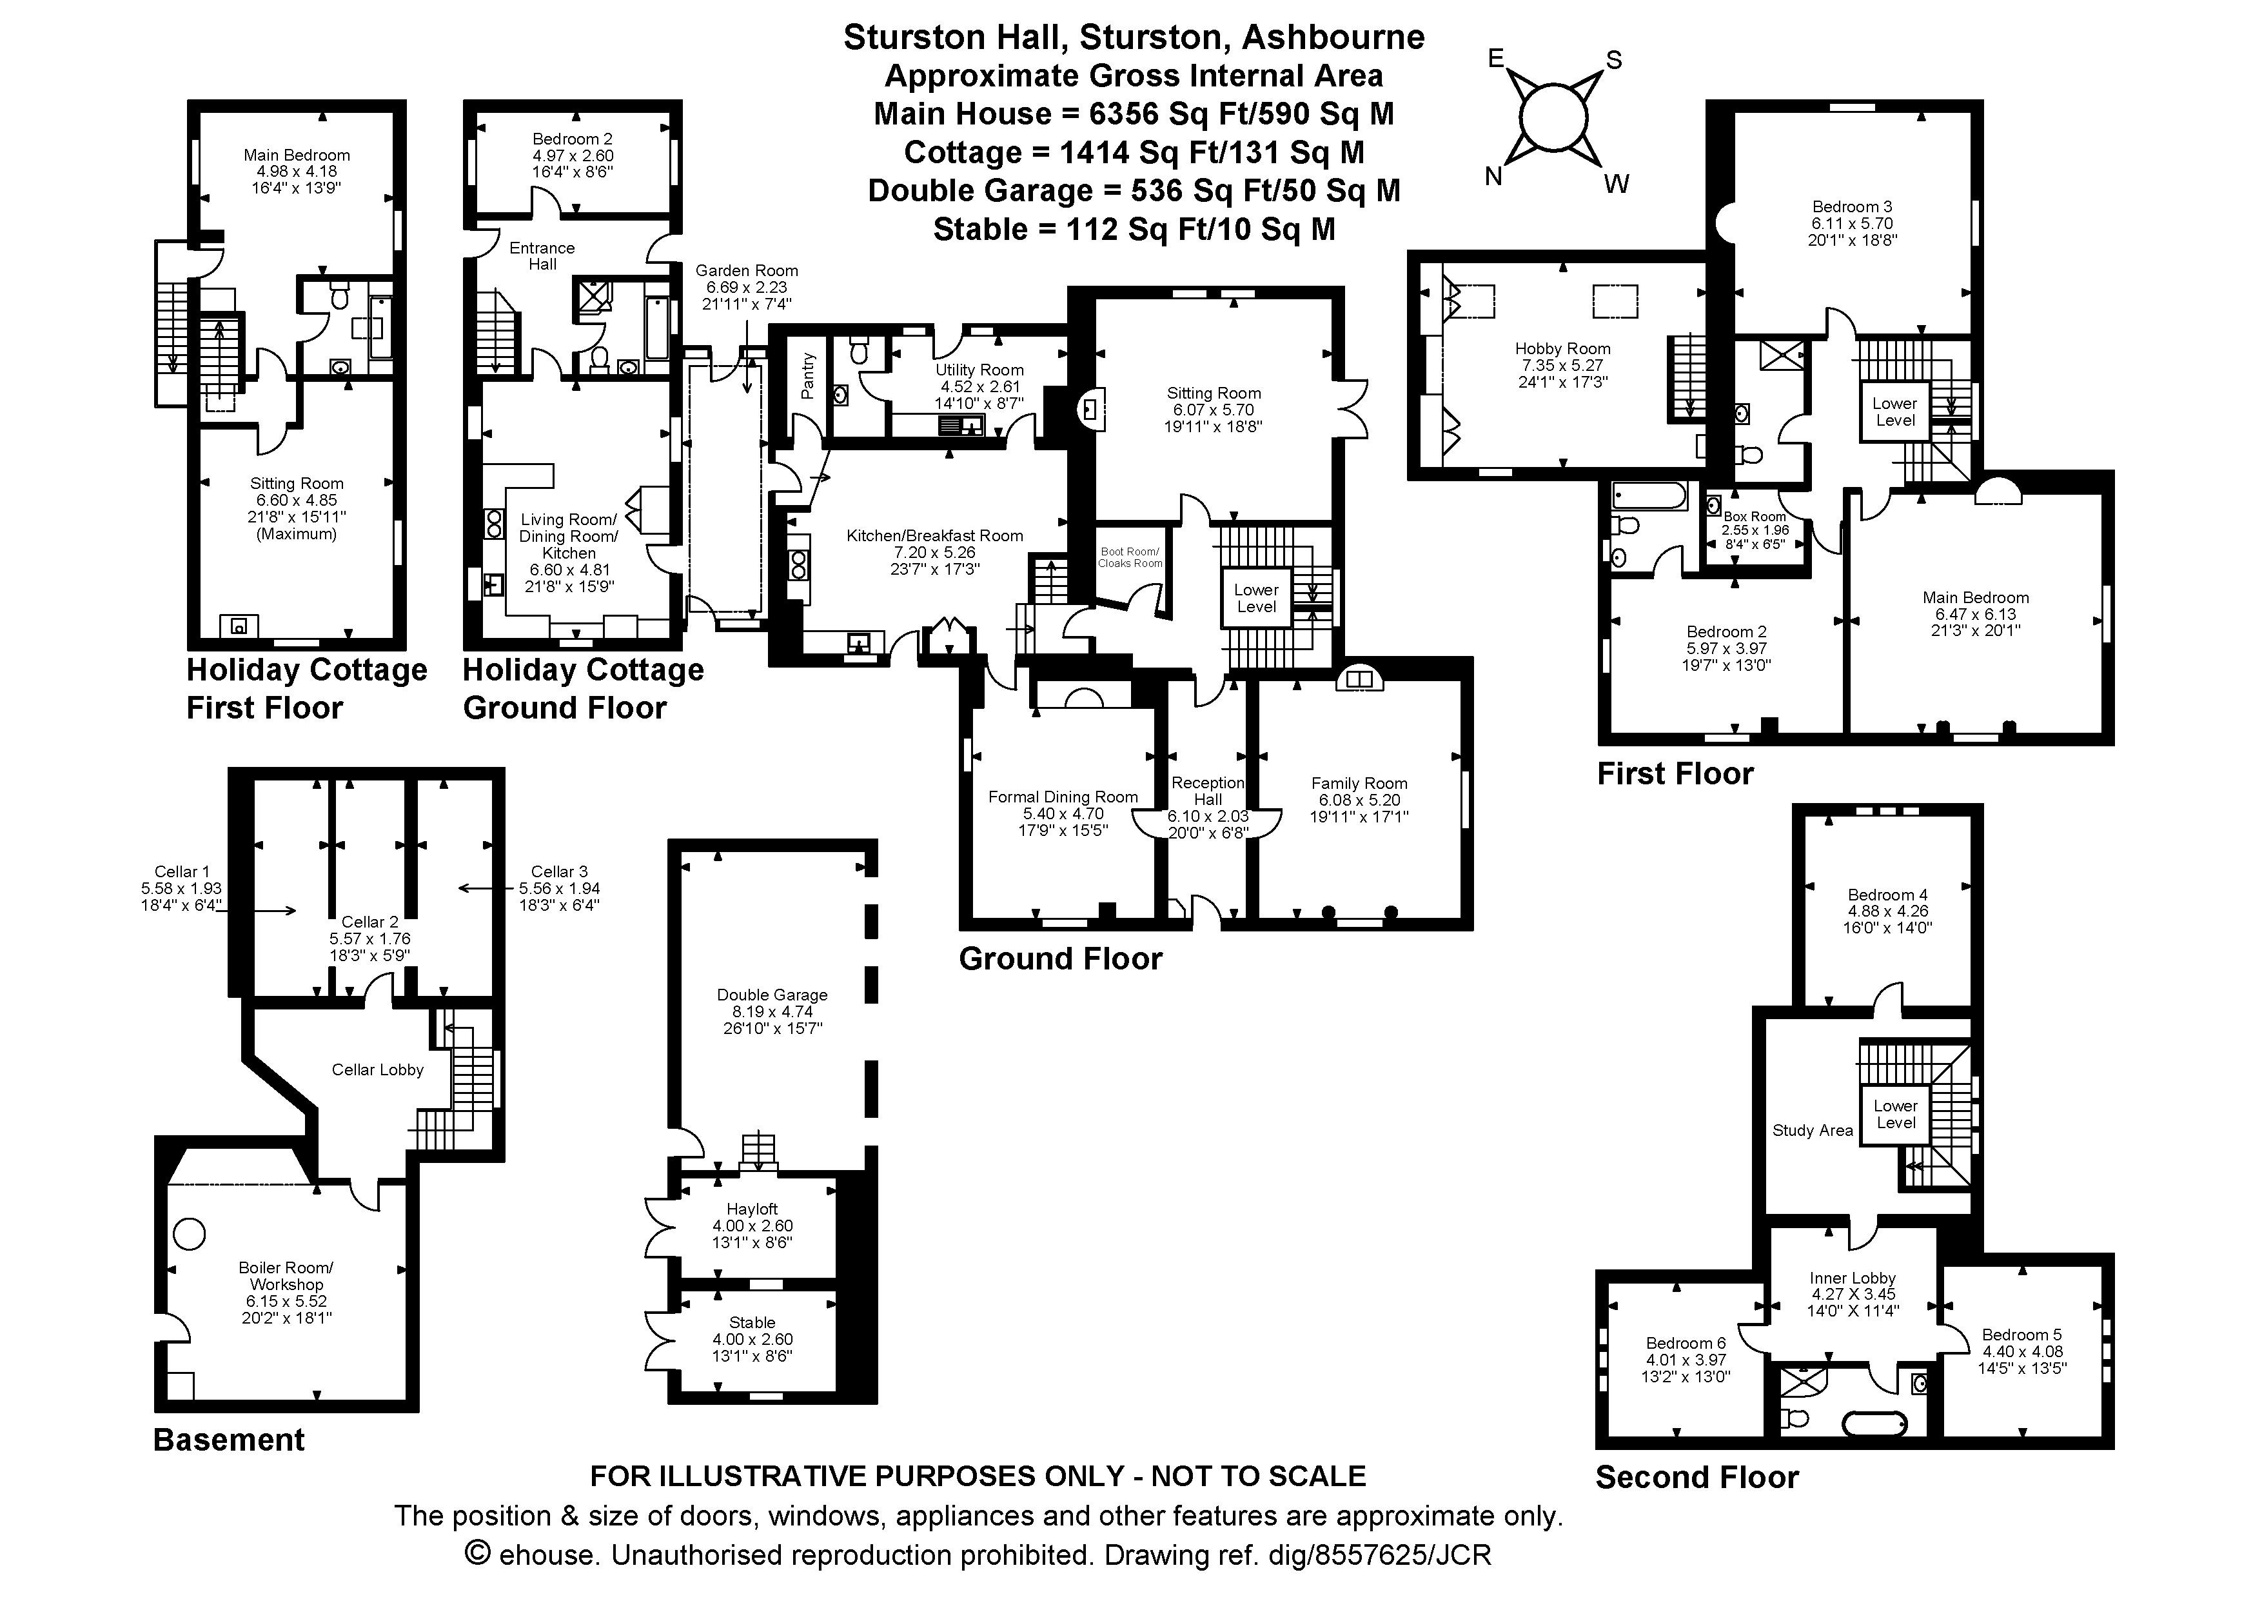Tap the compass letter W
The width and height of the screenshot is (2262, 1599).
1616,184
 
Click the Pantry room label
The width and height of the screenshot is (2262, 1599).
809,376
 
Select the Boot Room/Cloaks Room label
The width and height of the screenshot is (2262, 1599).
1130,558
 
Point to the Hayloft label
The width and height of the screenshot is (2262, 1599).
752,1209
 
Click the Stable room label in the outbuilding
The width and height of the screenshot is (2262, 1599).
752,1322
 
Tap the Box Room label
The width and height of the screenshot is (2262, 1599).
1755,516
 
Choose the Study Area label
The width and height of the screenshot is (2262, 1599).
1813,1130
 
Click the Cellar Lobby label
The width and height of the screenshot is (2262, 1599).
377,1070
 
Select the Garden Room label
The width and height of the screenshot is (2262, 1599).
747,271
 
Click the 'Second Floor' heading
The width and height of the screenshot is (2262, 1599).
1697,1478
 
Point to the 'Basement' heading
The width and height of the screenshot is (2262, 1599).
228,1440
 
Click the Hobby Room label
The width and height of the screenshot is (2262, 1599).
1562,349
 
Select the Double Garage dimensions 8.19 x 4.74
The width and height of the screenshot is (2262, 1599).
772,1012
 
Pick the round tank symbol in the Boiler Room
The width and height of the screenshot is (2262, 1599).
189,1233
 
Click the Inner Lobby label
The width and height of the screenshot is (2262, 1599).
1852,1278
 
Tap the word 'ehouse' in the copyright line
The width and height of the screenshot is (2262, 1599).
547,1556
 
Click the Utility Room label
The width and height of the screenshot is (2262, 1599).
979,370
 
